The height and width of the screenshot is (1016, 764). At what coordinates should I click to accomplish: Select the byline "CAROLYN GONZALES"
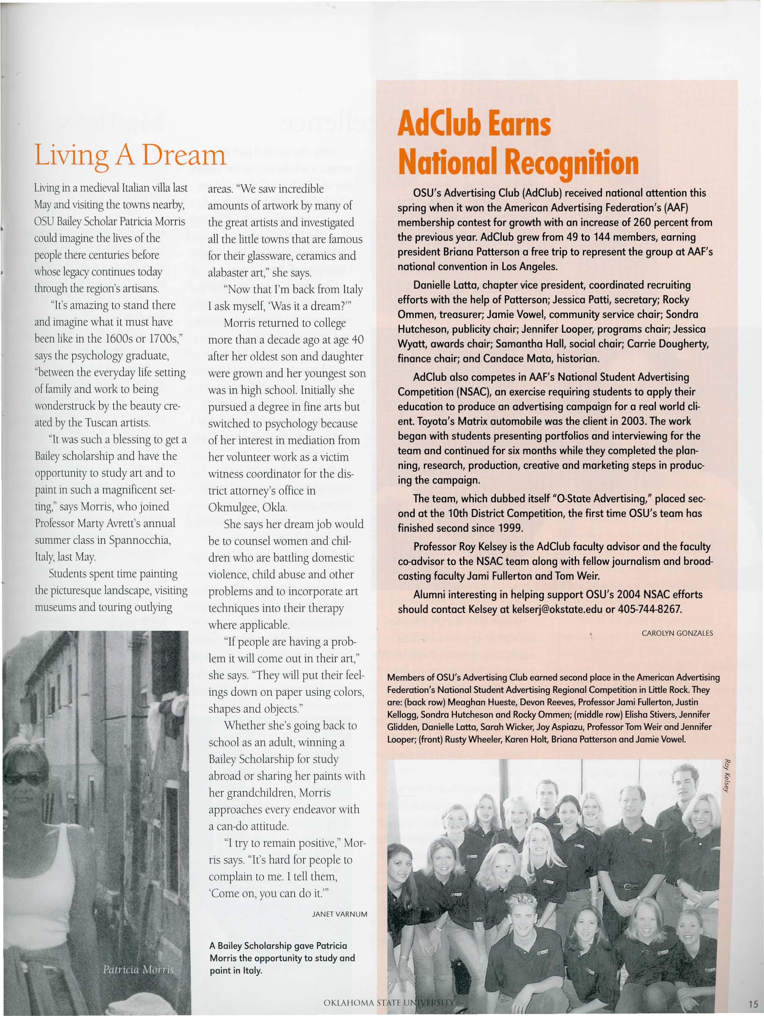click(x=677, y=633)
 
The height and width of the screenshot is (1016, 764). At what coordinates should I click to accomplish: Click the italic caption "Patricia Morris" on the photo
click(x=138, y=969)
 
